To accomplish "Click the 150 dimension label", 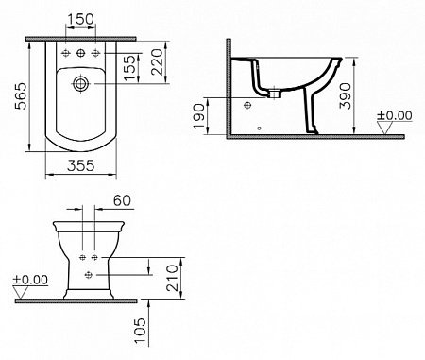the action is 81,19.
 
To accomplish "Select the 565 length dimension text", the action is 22,96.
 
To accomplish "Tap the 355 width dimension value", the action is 81,165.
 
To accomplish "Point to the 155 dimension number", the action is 130,68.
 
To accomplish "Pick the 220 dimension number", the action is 158,62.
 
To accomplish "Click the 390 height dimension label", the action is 345,95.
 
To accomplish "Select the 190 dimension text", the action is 199,116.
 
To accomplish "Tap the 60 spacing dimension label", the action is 122,200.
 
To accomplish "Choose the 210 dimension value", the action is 172,278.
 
